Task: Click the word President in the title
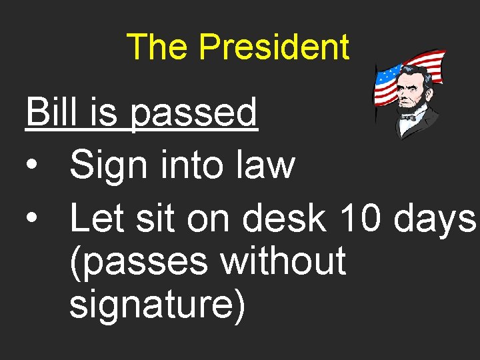pos(274,47)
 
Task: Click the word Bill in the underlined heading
pos(53,112)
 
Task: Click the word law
pos(266,165)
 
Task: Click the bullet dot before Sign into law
pos(32,166)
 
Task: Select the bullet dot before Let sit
pos(32,218)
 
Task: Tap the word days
pos(435,219)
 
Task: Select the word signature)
pos(157,304)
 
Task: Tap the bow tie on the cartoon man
pos(408,117)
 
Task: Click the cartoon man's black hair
pos(413,71)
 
